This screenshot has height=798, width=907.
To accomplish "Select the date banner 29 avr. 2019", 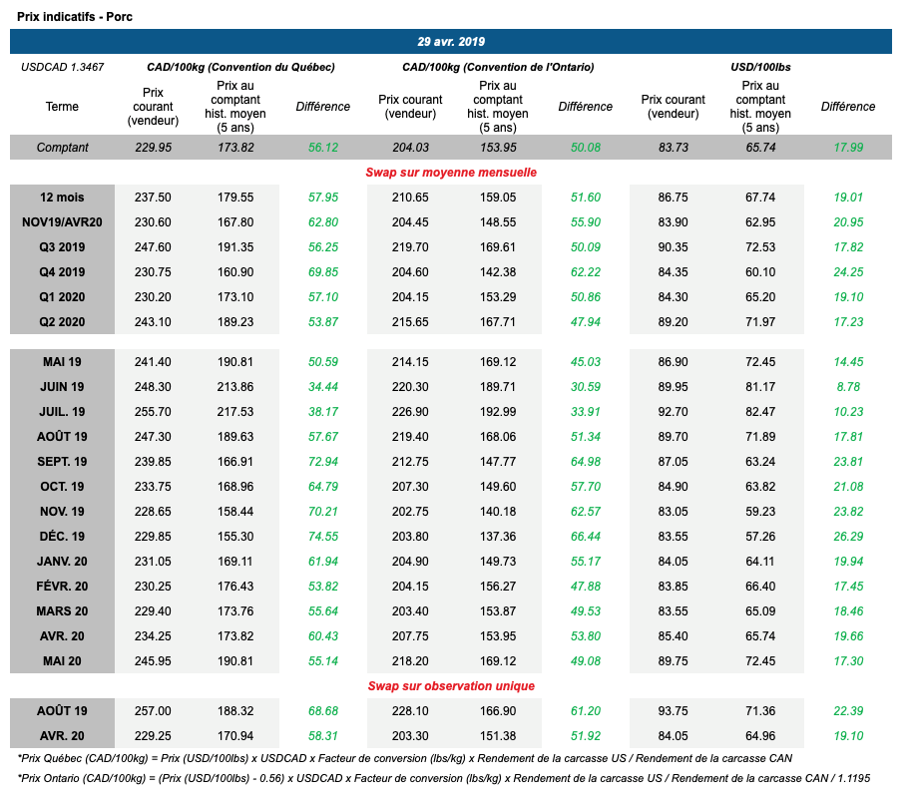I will pos(451,42).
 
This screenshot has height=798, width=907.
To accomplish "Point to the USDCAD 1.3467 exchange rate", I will pos(62,67).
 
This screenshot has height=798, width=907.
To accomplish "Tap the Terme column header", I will pos(62,107).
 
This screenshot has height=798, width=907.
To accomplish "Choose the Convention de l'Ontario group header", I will pos(498,67).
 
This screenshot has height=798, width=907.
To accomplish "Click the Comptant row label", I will pos(62,148).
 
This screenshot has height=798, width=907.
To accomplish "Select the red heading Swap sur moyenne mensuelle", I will pos(451,172).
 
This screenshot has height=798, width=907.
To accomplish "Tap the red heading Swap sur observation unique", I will pos(451,685).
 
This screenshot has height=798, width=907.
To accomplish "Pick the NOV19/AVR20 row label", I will pos(62,222).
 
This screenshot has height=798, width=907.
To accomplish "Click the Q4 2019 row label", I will pos(62,272).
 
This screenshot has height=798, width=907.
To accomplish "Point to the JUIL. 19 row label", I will pos(62,411).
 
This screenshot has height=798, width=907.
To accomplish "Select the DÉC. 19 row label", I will pos(62,536).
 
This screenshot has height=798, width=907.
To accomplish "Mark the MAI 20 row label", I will pos(62,660).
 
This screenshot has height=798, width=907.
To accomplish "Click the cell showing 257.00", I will pos(153,710).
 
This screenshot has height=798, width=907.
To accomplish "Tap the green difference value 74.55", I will pos(322,536).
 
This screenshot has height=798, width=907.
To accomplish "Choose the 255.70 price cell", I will pos(153,411).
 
